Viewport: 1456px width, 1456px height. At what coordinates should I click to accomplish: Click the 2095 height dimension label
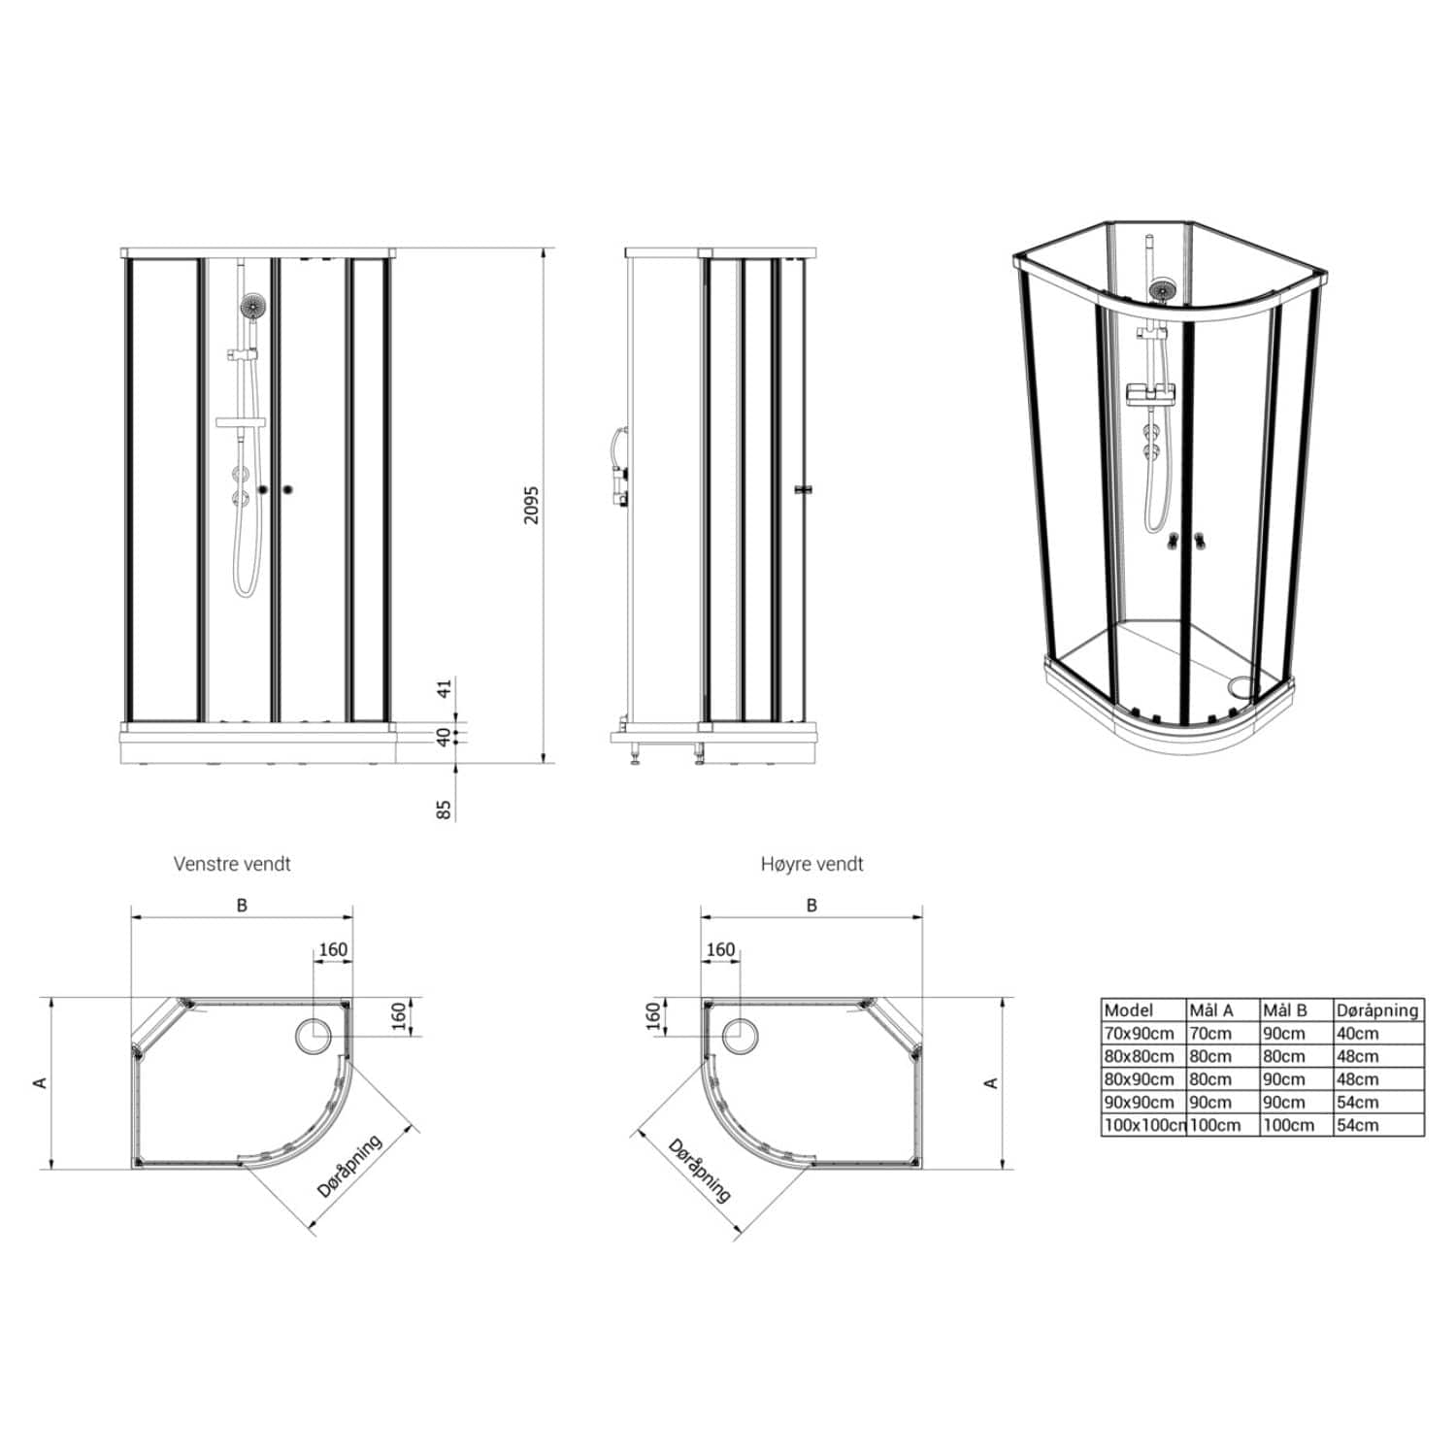click(530, 505)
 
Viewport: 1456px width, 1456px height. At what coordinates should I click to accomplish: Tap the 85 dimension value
click(445, 810)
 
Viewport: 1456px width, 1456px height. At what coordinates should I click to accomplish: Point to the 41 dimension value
click(445, 689)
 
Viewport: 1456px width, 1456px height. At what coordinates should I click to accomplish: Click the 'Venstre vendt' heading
click(232, 863)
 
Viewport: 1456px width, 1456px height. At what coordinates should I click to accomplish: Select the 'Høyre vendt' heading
click(811, 863)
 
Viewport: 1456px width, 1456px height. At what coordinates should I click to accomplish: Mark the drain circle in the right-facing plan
click(740, 1036)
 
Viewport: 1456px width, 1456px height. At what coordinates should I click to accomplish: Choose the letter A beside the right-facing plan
click(991, 1082)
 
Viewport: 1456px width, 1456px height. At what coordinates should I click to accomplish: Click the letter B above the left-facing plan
click(242, 905)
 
